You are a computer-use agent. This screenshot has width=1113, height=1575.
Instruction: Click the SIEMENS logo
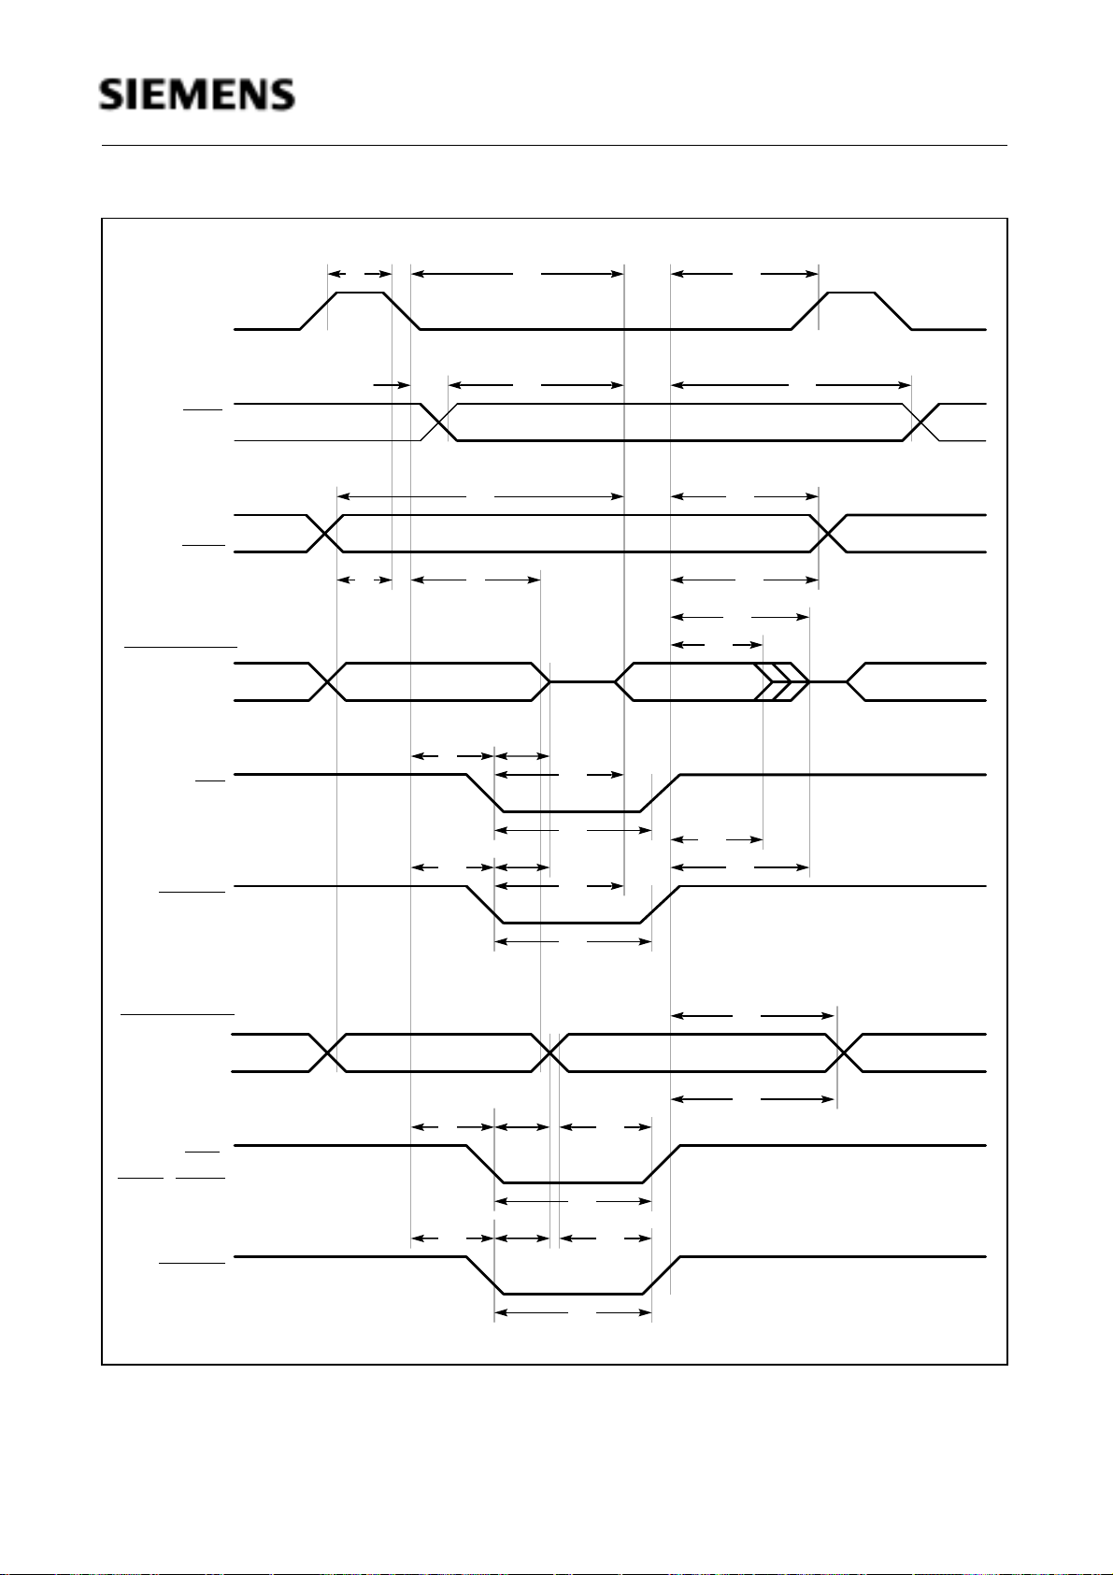[x=197, y=95]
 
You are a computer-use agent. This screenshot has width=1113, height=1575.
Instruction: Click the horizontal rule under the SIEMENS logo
[x=554, y=146]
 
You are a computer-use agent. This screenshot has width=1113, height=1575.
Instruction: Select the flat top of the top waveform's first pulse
[x=360, y=293]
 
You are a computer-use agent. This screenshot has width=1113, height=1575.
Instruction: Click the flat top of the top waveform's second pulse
[x=852, y=293]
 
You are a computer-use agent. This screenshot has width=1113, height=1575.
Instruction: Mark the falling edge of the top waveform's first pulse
[x=402, y=311]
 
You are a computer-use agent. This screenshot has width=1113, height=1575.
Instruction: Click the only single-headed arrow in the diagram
[x=392, y=384]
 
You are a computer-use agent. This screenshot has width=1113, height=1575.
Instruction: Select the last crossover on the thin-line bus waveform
[x=921, y=422]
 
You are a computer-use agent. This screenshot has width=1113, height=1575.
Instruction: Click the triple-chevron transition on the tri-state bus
[x=780, y=682]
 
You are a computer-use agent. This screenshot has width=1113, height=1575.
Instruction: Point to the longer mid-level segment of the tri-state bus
[x=582, y=682]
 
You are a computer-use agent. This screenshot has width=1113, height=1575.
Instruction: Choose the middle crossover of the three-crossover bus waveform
[x=550, y=1052]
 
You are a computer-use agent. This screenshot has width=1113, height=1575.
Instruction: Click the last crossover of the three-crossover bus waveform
[x=844, y=1052]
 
